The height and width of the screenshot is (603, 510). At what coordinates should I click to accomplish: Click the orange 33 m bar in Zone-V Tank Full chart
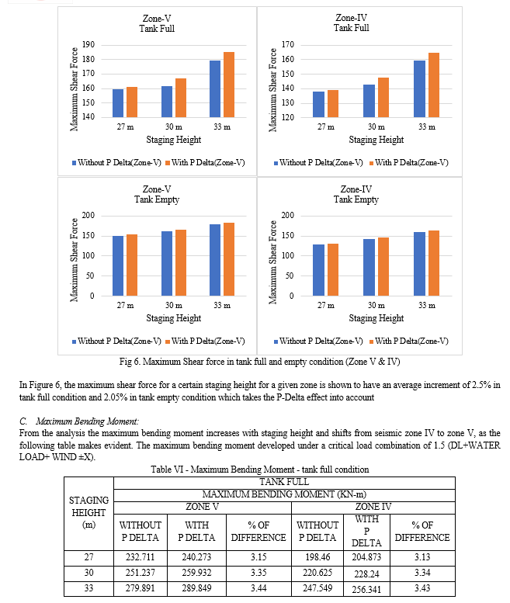[x=229, y=85]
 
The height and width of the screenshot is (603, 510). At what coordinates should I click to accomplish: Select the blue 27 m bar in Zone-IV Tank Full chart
[x=318, y=104]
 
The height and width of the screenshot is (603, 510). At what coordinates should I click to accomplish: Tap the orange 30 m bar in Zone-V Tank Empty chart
[x=181, y=262]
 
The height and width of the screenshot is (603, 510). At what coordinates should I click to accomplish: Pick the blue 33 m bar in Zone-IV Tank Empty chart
[x=420, y=264]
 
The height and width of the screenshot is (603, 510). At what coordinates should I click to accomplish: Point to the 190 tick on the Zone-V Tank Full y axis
[x=88, y=44]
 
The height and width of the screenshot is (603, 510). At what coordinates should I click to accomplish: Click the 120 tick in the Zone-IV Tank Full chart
[x=288, y=117]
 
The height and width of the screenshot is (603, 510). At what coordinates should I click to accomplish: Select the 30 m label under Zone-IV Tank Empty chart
[x=376, y=305]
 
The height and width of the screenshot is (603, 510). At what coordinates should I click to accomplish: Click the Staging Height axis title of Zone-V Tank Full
[x=173, y=140]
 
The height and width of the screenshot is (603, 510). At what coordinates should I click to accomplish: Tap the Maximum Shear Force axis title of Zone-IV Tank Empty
[x=272, y=262]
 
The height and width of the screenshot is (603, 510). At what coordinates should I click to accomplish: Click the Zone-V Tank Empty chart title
[x=157, y=194]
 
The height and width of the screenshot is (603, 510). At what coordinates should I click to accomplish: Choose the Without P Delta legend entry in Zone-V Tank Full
[x=116, y=163]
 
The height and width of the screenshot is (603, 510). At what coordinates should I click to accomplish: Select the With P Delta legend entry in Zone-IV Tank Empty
[x=409, y=341]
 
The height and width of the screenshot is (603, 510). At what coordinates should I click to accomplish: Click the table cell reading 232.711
[x=141, y=557]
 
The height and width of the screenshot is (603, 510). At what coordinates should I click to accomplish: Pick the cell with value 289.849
[x=196, y=588]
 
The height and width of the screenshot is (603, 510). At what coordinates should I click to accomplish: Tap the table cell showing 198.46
[x=317, y=557]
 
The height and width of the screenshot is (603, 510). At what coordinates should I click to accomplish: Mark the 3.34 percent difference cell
[x=422, y=573]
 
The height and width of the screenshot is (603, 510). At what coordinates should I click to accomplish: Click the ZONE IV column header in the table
[x=373, y=507]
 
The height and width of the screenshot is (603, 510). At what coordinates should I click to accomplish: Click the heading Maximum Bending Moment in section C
[x=87, y=421]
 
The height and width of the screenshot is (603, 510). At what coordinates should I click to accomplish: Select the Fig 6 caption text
[x=259, y=362]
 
